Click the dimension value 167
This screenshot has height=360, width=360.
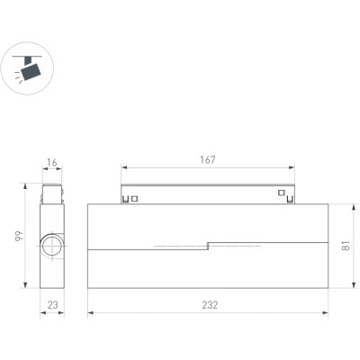tap(208, 160)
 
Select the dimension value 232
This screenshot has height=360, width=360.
tap(210, 305)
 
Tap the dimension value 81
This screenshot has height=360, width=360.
tap(346, 246)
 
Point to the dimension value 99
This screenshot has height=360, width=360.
tap(19, 236)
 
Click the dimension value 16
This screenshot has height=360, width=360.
tap(52, 163)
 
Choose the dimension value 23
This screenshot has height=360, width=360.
tap(52, 305)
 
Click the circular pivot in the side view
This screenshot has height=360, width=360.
tap(52, 246)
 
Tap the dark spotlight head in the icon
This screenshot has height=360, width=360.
tap(31, 72)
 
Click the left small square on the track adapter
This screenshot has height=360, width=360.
tap(135, 199)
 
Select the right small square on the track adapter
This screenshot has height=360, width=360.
tap(281, 193)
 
